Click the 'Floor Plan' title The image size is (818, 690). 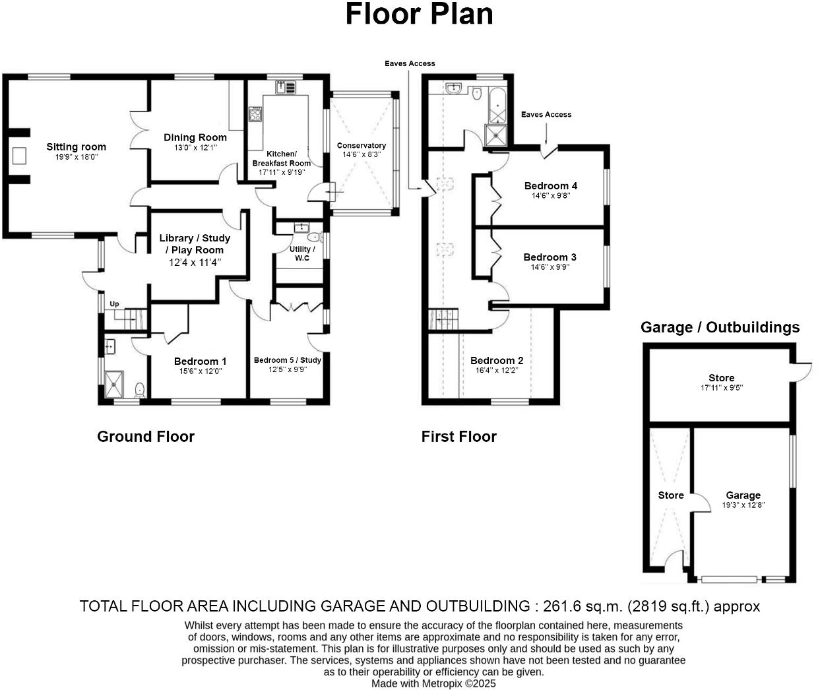tap(419, 15)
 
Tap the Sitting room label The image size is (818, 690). tap(76, 146)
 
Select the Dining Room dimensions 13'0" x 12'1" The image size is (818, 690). tap(195, 148)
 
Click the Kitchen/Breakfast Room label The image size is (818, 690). tap(281, 158)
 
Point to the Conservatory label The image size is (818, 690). tap(361, 145)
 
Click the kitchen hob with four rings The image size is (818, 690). tap(255, 115)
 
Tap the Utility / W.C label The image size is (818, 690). tap(302, 253)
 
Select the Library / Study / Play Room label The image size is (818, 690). tap(195, 243)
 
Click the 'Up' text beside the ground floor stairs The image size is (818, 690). tap(114, 304)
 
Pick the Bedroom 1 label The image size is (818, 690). tap(200, 361)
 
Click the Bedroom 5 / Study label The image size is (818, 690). tap(288, 360)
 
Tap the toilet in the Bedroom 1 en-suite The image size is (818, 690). tap(139, 390)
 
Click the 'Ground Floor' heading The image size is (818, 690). tap(146, 437)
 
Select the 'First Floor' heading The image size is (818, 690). tap(459, 437)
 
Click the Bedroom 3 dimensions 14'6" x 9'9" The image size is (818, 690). tap(550, 267)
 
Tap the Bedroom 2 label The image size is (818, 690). tap(497, 360)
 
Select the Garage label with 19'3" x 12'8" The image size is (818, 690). tap(743, 495)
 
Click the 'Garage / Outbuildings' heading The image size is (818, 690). tap(720, 327)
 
